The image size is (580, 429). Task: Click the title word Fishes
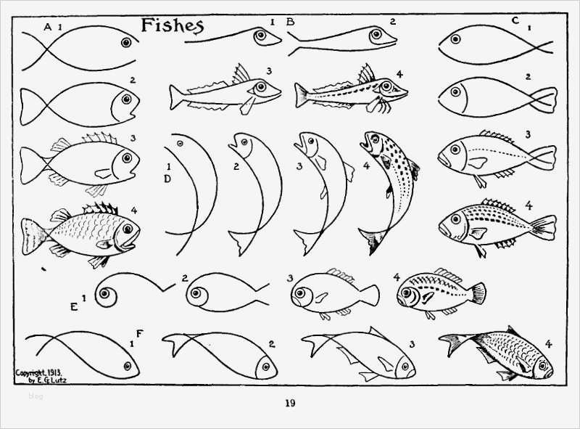point(171,25)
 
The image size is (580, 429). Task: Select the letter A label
point(48,27)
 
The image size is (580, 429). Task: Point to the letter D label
point(167,179)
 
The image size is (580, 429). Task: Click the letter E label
point(74,306)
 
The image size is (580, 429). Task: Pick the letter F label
point(139,333)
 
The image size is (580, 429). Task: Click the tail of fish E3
point(370,295)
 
